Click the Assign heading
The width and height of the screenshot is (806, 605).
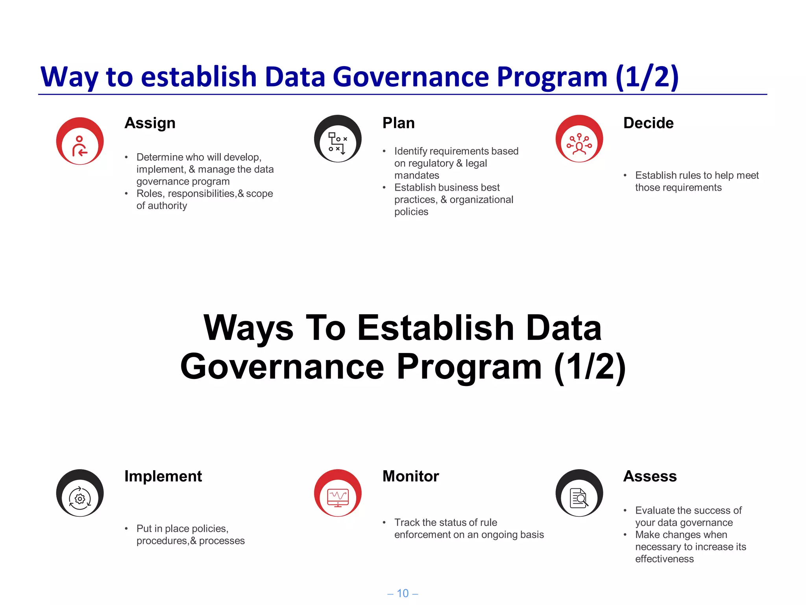click(150, 123)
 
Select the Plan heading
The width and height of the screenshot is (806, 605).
click(398, 123)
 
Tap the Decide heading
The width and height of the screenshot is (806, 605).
click(648, 123)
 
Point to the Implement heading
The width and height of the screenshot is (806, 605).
click(163, 476)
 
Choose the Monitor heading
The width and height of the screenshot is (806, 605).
click(410, 476)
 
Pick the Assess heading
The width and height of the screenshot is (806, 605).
click(650, 476)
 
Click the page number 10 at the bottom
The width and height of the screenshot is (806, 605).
click(403, 593)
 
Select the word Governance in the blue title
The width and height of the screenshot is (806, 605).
click(411, 76)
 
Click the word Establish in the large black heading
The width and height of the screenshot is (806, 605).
click(436, 328)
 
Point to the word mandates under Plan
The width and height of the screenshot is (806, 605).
click(417, 175)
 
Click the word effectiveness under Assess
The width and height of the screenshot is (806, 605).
click(664, 559)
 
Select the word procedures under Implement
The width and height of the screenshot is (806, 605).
click(161, 541)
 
